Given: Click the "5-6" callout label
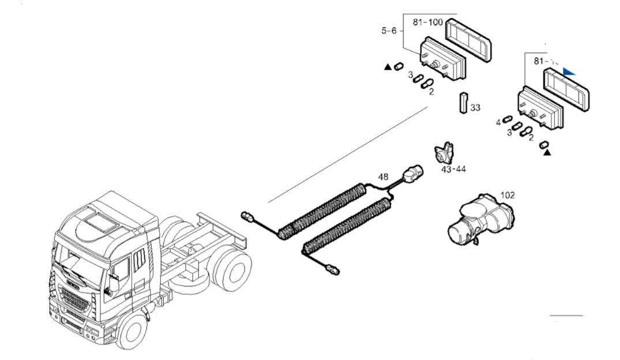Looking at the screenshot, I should tap(389, 31).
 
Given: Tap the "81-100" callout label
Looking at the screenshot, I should tap(427, 22).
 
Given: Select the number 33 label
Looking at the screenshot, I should tap(475, 107).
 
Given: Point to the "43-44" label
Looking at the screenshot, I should tap(453, 169).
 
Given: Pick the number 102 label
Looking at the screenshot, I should tap(507, 195).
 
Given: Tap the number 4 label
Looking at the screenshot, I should tap(498, 122).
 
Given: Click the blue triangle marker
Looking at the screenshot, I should tap(569, 72).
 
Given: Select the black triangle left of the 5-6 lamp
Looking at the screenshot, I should tap(388, 67).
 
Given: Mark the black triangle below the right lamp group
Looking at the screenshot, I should tap(547, 153).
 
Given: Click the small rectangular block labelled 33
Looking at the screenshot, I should tap(463, 103).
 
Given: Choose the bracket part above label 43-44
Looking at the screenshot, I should tap(444, 153).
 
